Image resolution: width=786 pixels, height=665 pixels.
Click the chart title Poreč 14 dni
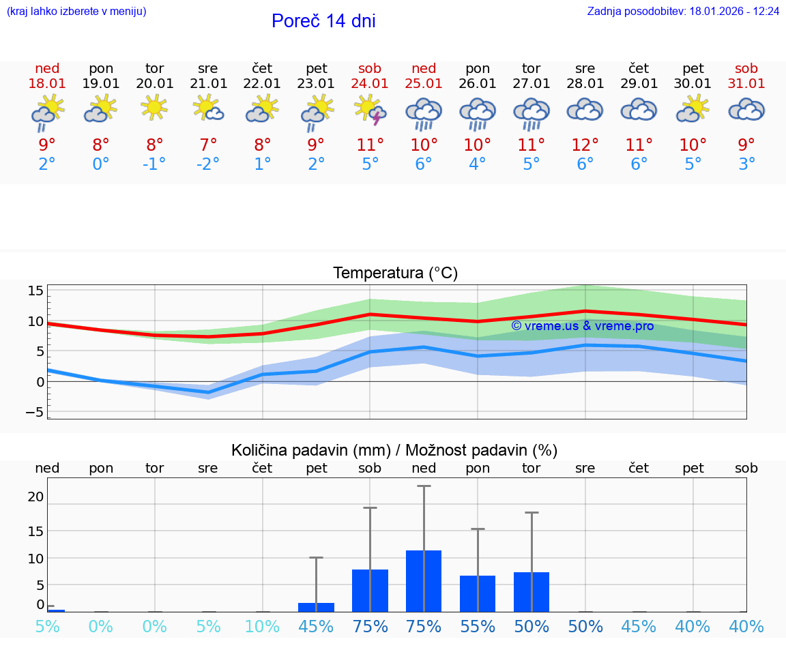pyautogui.click(x=323, y=21)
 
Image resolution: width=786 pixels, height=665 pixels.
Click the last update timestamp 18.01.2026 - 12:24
pyautogui.click(x=734, y=12)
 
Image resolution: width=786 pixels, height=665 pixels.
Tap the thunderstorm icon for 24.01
pyautogui.click(x=370, y=110)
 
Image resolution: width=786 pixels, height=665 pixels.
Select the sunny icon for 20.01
pyautogui.click(x=155, y=107)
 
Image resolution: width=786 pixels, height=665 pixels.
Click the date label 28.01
pyautogui.click(x=585, y=84)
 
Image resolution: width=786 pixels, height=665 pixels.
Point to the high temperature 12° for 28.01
pyautogui.click(x=585, y=145)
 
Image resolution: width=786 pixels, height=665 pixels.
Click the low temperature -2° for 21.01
pyautogui.click(x=208, y=164)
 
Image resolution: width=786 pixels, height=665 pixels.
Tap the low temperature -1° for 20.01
pyautogui.click(x=155, y=164)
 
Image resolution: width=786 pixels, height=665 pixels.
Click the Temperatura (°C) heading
pyautogui.click(x=395, y=274)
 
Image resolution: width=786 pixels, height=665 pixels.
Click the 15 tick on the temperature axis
pyautogui.click(x=35, y=291)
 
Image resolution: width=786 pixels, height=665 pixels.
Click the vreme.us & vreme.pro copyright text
pyautogui.click(x=582, y=326)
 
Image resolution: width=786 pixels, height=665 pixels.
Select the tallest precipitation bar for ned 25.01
pyautogui.click(x=424, y=581)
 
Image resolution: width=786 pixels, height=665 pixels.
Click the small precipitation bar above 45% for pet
pyautogui.click(x=316, y=607)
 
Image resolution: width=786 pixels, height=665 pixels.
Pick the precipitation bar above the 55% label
pyautogui.click(x=478, y=593)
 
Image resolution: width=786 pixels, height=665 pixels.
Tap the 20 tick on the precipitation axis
pyautogui.click(x=35, y=497)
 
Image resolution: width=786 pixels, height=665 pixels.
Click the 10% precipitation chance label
pyautogui.click(x=262, y=627)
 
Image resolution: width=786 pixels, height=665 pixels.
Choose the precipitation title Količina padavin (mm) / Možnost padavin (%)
pyautogui.click(x=394, y=450)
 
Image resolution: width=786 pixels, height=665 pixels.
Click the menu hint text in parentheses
pyautogui.click(x=76, y=12)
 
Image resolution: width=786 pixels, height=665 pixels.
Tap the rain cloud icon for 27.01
pyautogui.click(x=532, y=113)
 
